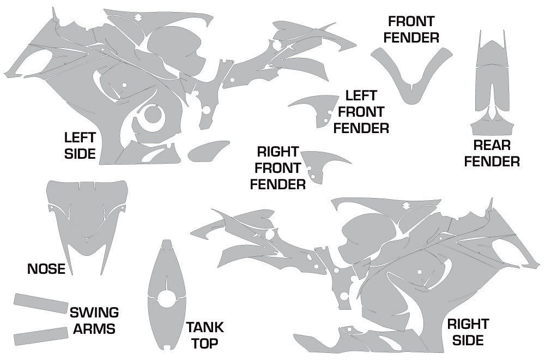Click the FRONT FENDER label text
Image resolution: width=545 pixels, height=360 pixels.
411,29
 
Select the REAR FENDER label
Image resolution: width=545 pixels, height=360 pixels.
492,153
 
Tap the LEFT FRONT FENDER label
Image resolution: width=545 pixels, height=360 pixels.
361,112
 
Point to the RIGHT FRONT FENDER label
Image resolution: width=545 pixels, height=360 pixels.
278,167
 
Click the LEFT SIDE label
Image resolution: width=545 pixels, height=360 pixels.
80,146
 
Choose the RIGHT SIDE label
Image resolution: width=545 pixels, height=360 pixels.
468,332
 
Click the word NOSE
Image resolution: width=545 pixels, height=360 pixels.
46,268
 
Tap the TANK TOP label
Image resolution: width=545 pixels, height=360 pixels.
205,335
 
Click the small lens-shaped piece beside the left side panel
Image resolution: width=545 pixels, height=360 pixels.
208,151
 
